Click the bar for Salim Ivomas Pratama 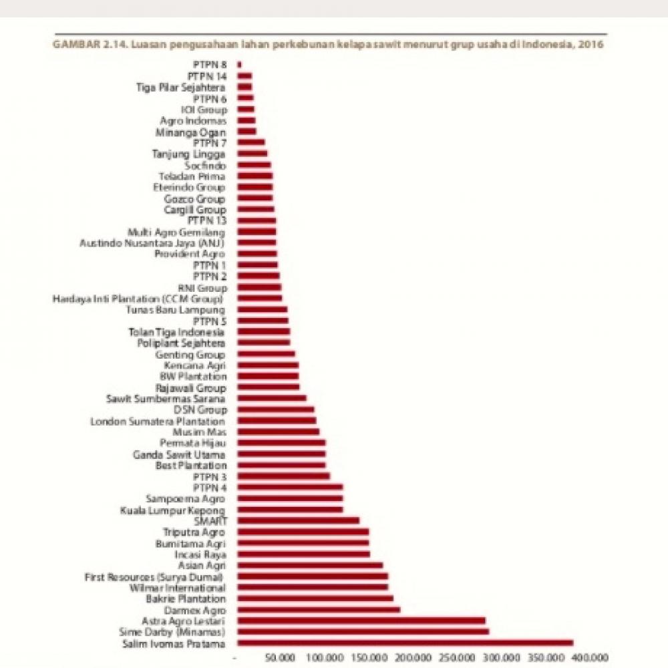pos(405,643)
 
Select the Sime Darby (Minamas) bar pos(363,631)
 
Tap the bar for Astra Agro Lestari pos(361,621)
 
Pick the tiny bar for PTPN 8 pos(239,64)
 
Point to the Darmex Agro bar pos(319,609)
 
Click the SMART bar pos(298,520)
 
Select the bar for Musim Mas pos(278,432)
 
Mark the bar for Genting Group pos(266,354)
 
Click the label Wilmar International pos(177,587)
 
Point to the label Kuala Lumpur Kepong pos(173,510)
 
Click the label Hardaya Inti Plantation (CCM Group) pos(138,299)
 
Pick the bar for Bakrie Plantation pos(315,599)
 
